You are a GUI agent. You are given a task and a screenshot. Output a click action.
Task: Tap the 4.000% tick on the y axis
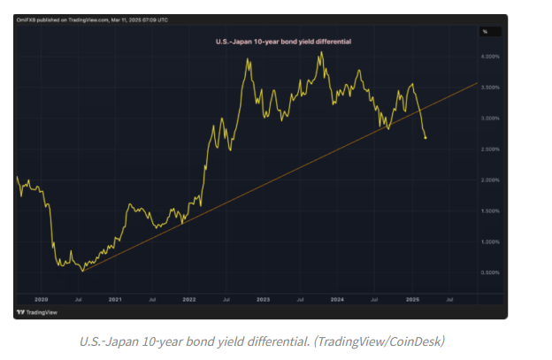[489, 57]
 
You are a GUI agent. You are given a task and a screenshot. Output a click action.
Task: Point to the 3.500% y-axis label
[489, 88]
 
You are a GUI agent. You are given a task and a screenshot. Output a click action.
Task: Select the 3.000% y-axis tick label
[489, 119]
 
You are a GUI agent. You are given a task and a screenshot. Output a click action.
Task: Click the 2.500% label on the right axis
[489, 149]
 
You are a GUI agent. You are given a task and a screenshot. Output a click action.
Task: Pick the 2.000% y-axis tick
[489, 180]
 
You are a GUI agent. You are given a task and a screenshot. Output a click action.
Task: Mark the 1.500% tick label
[489, 211]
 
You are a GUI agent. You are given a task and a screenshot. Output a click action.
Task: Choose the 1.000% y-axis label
[489, 241]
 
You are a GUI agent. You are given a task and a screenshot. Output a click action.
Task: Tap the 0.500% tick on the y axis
[489, 272]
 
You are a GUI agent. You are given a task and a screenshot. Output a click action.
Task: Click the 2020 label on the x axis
[41, 301]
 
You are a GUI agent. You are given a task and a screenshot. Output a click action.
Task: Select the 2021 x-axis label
[115, 301]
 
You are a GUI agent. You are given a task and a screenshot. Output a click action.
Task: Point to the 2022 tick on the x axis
[189, 301]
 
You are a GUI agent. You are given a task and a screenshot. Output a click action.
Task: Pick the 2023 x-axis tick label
[264, 301]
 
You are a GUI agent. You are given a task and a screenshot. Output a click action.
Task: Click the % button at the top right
[485, 32]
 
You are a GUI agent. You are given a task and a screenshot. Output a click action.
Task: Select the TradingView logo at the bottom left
[34, 313]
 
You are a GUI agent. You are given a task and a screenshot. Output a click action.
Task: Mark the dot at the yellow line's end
[426, 137]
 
